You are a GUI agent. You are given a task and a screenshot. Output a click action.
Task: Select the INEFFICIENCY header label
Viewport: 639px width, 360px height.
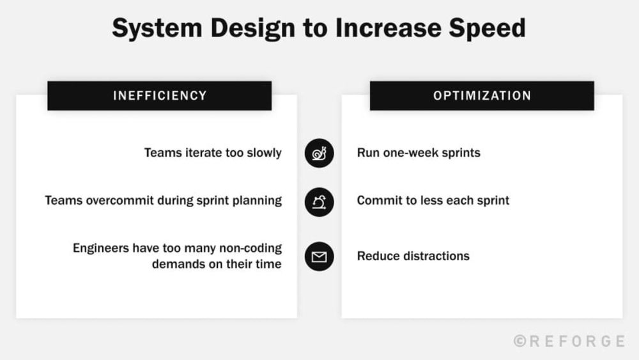click(x=160, y=96)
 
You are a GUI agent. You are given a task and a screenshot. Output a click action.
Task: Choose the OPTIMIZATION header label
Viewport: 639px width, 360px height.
click(x=482, y=96)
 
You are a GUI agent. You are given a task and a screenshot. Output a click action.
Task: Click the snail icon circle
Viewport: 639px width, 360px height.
click(x=319, y=153)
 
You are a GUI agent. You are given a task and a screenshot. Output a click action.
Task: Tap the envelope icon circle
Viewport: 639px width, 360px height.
click(x=319, y=256)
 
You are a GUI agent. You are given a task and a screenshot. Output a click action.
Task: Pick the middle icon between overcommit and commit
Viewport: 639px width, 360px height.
click(x=319, y=201)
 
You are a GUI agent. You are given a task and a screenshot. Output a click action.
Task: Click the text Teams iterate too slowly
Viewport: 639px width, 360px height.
click(x=213, y=153)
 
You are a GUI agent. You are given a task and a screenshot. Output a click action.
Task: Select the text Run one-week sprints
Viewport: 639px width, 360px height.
click(x=419, y=153)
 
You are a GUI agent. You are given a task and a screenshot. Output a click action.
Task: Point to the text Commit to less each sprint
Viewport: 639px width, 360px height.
click(x=433, y=201)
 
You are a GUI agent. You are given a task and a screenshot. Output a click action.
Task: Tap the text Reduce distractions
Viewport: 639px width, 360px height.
click(x=413, y=256)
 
